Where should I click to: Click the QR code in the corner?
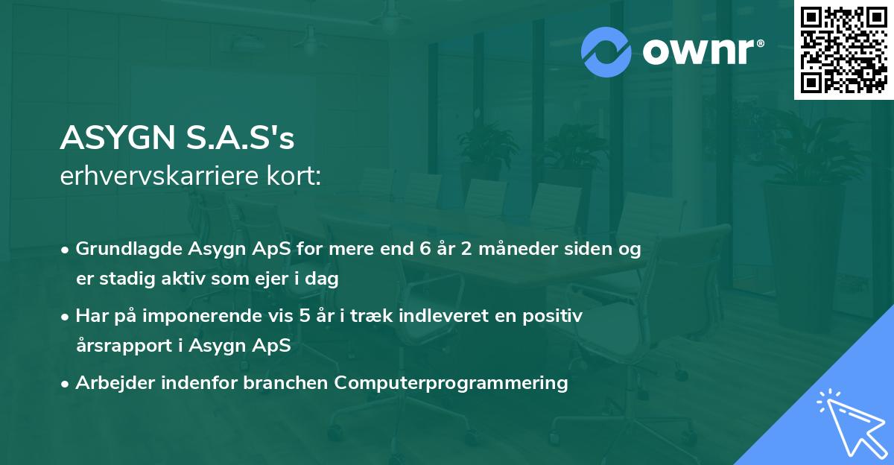pos(843,50)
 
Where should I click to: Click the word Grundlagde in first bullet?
pos(123,249)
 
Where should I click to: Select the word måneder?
pos(507,249)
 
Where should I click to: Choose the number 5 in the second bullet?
pos(304,316)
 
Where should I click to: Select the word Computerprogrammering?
pos(451,383)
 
